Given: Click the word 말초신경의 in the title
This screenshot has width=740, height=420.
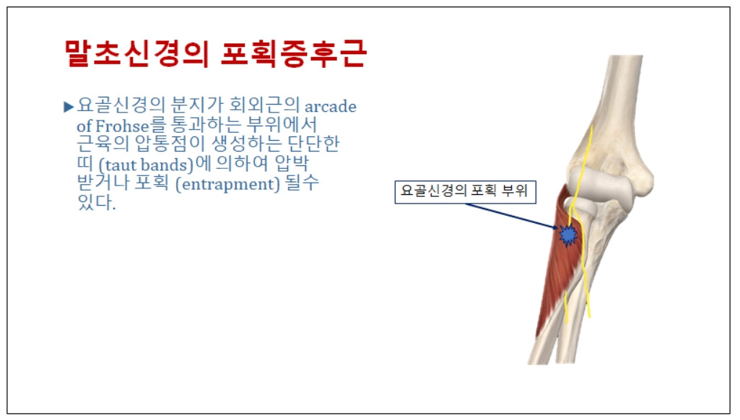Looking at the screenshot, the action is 136,53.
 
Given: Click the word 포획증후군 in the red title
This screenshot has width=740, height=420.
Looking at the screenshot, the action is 294,53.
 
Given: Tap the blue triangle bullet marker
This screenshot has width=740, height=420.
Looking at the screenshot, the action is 69,107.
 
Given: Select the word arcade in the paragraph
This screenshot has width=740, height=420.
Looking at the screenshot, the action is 331,106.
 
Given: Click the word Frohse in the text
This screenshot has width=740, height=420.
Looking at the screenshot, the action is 122,126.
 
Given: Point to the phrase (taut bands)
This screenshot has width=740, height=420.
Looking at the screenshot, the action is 147,165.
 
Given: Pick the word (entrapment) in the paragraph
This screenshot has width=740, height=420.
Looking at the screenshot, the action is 227,183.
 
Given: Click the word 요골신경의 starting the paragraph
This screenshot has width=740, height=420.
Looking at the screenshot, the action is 121,105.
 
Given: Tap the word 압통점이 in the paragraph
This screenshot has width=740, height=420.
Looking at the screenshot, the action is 170,144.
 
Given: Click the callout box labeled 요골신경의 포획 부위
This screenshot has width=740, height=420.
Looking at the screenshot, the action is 466,192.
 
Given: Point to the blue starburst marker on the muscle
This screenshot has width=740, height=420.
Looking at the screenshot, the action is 567,235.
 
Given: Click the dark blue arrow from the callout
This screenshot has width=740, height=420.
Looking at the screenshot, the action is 512,216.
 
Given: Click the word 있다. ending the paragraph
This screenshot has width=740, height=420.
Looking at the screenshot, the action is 96,202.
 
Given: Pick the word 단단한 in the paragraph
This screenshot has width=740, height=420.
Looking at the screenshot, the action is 313,144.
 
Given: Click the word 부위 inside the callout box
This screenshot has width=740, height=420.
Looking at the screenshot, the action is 515,191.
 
